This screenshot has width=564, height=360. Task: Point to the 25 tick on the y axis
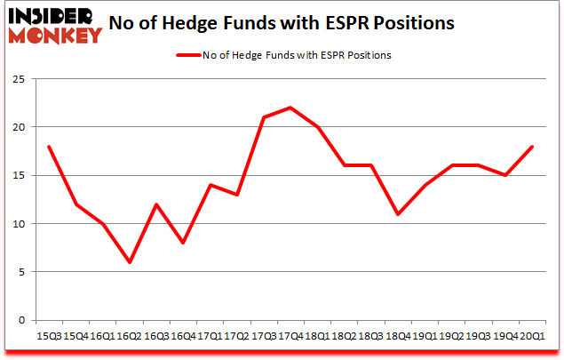pos(19,79)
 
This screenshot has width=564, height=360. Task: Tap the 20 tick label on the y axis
pos(19,127)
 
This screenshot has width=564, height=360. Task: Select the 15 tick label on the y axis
pos(19,175)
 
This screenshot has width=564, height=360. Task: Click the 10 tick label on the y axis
pos(19,223)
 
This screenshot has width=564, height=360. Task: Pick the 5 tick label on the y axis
pos(21,272)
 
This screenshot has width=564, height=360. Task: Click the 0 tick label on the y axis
pos(21,320)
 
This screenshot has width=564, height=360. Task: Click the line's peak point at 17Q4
pos(290,108)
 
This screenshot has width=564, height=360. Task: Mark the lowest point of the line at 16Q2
pos(130,262)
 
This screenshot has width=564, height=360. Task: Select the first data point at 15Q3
pos(49,147)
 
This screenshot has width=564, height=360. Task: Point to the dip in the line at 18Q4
pos(397,214)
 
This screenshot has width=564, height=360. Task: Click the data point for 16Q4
pos(183,243)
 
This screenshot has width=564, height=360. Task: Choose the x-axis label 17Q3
pos(264,336)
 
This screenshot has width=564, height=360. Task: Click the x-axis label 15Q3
pos(49,336)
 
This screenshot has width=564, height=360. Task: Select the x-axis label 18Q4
pos(397,336)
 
